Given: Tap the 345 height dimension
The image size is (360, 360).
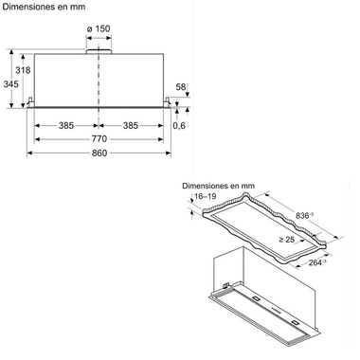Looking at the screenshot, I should click(x=10, y=84).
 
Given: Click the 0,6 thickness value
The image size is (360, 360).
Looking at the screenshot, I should click(x=181, y=125).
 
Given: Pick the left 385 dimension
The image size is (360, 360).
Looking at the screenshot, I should click(x=66, y=124).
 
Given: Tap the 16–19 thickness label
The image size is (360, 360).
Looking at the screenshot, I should click(x=204, y=197).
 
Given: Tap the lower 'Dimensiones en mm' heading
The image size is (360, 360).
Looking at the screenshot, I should click(x=218, y=186).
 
